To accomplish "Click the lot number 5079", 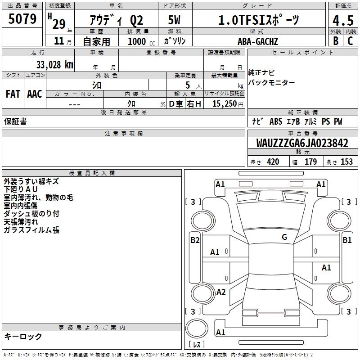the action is coord(22,19).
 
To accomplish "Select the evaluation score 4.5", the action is coord(342,21).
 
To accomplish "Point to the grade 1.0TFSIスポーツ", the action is coord(258,20).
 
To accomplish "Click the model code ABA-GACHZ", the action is coord(258,41).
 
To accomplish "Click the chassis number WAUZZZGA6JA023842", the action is coord(302,143).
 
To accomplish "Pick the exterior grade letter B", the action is coord(335,41).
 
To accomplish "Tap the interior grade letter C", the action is coord(350,41).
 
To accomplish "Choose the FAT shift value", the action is coord(13,94).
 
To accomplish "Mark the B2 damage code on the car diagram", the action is coord(195,240).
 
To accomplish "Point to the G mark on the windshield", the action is coord(284,237).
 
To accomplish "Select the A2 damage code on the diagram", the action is coord(220,292).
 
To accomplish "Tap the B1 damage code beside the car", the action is coord(347,240).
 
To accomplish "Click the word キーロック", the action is coord(23,336).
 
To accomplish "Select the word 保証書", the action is coord(15,121).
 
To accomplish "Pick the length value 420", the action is coord(273,162).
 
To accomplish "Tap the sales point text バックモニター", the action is coord(272,82).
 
